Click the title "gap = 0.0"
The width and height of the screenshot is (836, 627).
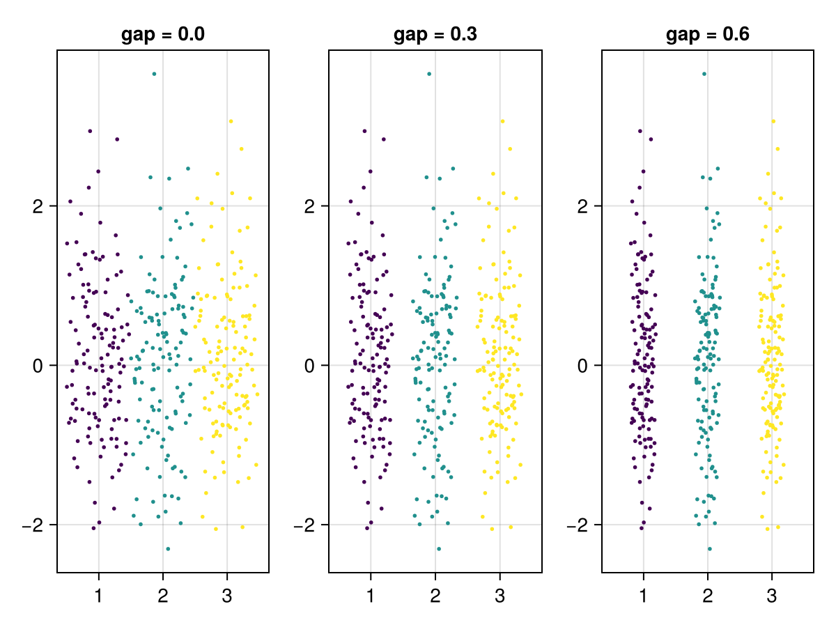(163, 35)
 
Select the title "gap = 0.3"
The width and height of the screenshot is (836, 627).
(435, 35)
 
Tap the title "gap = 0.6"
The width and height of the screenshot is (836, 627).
(708, 35)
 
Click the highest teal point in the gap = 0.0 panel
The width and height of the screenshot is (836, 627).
(154, 74)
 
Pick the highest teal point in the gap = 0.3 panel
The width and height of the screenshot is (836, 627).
(429, 74)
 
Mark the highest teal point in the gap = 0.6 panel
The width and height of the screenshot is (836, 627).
(704, 74)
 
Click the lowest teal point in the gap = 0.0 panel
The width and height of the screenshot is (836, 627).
(168, 549)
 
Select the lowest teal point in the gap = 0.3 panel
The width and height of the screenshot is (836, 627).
(439, 549)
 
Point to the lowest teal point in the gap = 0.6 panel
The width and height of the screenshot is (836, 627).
(709, 549)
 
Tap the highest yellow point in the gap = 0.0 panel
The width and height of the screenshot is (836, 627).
(231, 121)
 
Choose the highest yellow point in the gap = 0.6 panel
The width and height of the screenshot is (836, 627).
(773, 121)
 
